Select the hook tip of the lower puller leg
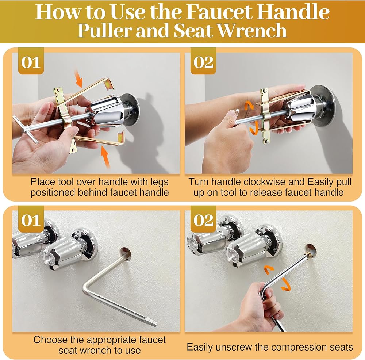coord(121,137)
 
